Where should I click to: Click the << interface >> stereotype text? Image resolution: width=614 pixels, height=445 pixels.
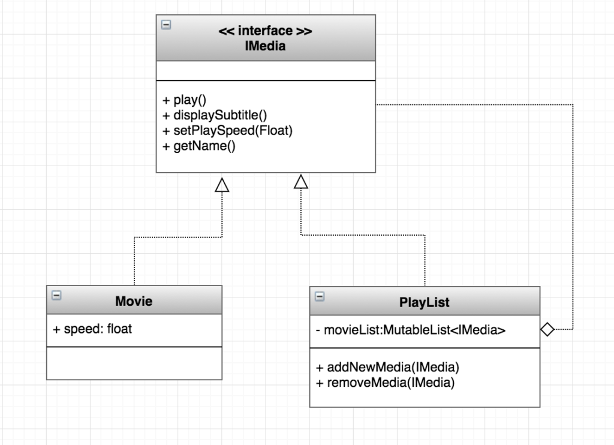click(266, 31)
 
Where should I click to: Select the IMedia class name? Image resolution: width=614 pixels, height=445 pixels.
click(266, 46)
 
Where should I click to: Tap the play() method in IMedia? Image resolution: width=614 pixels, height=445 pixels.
click(185, 100)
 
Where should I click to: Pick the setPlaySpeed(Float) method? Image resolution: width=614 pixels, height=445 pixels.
click(228, 130)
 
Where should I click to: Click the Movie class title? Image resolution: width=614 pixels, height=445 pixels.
click(134, 301)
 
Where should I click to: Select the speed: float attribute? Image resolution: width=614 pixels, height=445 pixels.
click(94, 329)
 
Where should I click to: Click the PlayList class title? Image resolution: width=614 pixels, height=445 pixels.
click(425, 302)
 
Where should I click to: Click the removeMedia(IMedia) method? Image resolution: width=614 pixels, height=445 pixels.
click(385, 383)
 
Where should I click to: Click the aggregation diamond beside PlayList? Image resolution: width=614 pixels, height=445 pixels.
click(547, 329)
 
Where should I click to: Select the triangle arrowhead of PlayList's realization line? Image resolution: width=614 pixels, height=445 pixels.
click(300, 181)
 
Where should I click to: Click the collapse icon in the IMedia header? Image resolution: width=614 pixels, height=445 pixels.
click(166, 25)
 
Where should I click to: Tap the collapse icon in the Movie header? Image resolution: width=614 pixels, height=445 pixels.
click(56, 295)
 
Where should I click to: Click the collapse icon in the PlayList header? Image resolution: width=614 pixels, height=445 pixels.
click(319, 296)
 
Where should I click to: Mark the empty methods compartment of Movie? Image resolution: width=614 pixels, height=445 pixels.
click(134, 363)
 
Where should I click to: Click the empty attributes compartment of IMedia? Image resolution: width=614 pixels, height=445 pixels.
click(266, 70)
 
